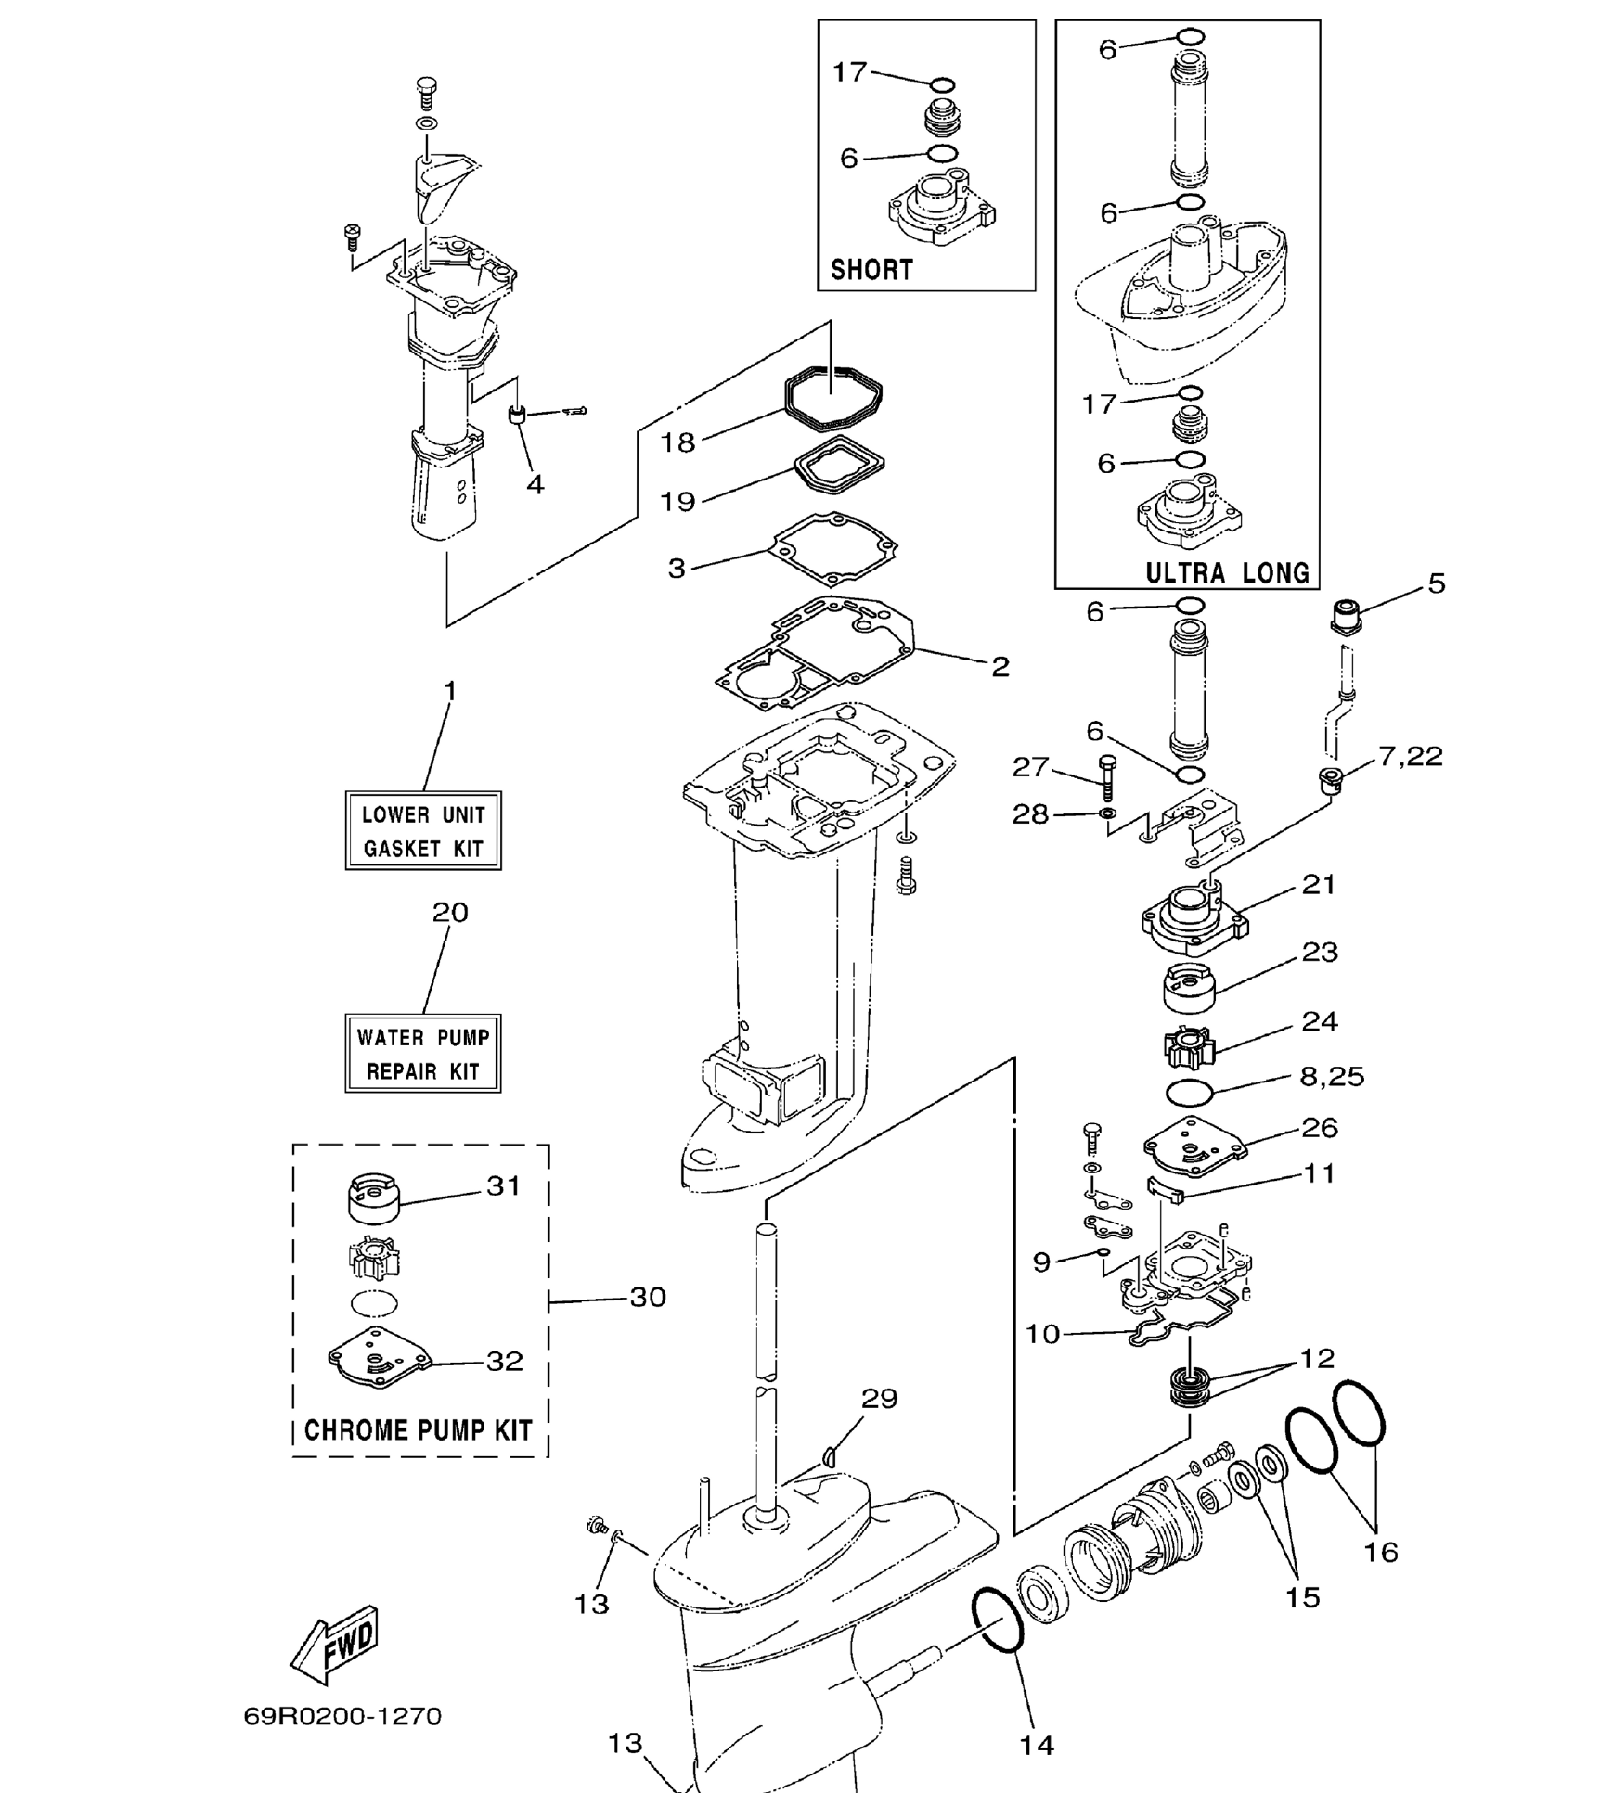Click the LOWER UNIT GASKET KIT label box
point(423,830)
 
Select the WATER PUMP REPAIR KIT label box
point(423,1053)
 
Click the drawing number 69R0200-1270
point(342,1716)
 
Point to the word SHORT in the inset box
point(871,270)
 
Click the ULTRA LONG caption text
point(1227,572)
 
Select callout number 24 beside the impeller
point(1319,1021)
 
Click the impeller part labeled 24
point(1189,1048)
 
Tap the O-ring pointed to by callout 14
point(998,1620)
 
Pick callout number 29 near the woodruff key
point(879,1398)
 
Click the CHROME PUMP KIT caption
point(419,1429)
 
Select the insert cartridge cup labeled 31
point(373,1198)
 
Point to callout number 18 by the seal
point(677,442)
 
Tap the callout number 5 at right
point(1436,583)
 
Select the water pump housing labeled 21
point(1194,917)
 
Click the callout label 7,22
point(1410,756)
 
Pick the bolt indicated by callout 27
point(1107,778)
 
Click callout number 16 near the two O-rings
point(1380,1552)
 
